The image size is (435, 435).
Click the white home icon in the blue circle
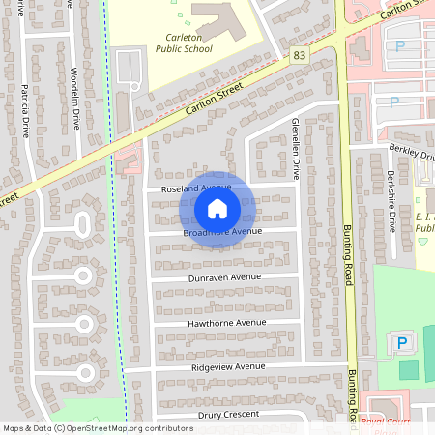pos(217,208)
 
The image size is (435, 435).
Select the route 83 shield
pos(300,57)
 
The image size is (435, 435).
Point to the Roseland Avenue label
pos(196,187)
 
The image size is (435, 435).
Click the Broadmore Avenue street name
pos(222,232)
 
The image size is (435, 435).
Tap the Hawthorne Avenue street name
pos(227,322)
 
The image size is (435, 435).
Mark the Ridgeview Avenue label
pos(228,367)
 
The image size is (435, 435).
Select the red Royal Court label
pos(385,421)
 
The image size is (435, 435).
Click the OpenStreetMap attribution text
pos(97,427)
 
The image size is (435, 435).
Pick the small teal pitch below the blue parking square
pos(409,368)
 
